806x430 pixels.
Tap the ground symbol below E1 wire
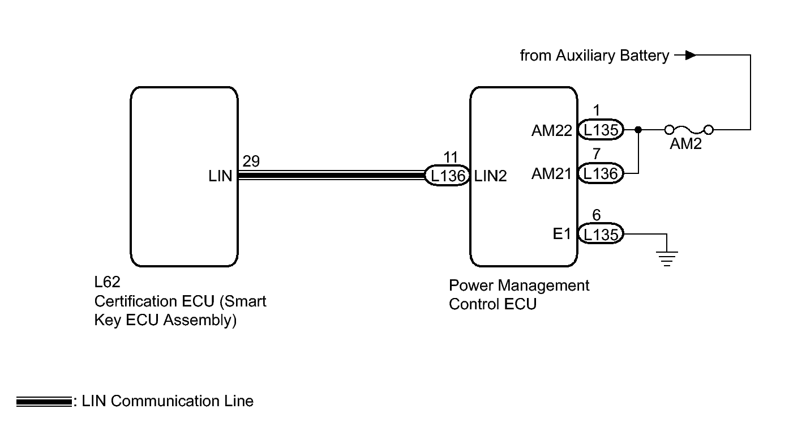click(668, 258)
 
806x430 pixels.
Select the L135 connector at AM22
click(601, 130)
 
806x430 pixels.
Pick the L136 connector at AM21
click(601, 173)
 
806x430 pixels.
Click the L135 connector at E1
click(601, 234)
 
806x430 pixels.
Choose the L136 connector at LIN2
click(448, 176)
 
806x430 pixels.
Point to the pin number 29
click(251, 161)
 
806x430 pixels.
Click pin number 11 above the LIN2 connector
click(451, 158)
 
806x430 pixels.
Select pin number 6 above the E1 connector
click(597, 215)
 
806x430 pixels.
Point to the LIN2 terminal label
click(491, 176)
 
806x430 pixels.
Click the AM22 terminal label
click(552, 131)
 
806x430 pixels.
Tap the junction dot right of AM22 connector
click(638, 130)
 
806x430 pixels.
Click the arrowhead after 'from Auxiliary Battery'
click(691, 56)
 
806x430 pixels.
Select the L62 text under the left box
click(106, 282)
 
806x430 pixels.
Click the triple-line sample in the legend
click(44, 402)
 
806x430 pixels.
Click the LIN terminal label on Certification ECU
click(220, 176)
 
